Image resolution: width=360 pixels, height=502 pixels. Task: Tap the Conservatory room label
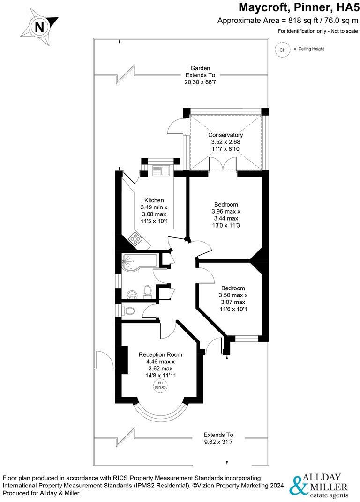[x=225, y=135]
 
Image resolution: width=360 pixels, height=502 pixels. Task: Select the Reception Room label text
[x=160, y=354]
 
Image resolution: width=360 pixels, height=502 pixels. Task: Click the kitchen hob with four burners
[x=136, y=240]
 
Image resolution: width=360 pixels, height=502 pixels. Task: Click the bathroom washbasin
[x=132, y=294]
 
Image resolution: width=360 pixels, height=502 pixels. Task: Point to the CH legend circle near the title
[x=282, y=49]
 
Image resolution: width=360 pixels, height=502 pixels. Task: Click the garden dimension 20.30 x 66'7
[x=200, y=82]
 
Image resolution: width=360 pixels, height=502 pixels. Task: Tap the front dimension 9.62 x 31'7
[x=218, y=441]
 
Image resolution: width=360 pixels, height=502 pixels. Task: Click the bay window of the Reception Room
[x=160, y=412]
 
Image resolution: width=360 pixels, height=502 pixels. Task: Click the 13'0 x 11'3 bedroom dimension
[x=226, y=225]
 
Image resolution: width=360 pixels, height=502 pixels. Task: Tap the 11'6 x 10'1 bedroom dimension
[x=232, y=309]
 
